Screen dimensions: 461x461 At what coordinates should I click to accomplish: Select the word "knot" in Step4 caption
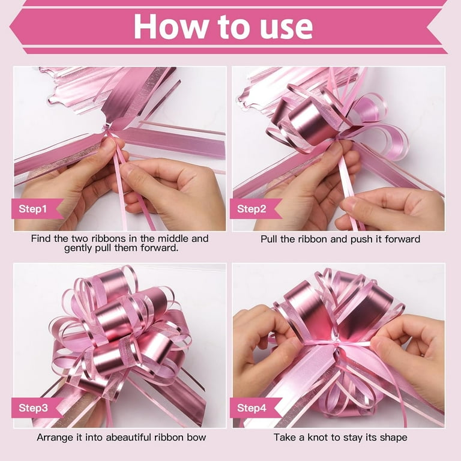coord(318,437)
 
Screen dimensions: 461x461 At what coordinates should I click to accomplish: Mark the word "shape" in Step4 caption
coord(393,438)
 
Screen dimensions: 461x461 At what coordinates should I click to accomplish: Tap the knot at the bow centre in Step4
coord(337,343)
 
